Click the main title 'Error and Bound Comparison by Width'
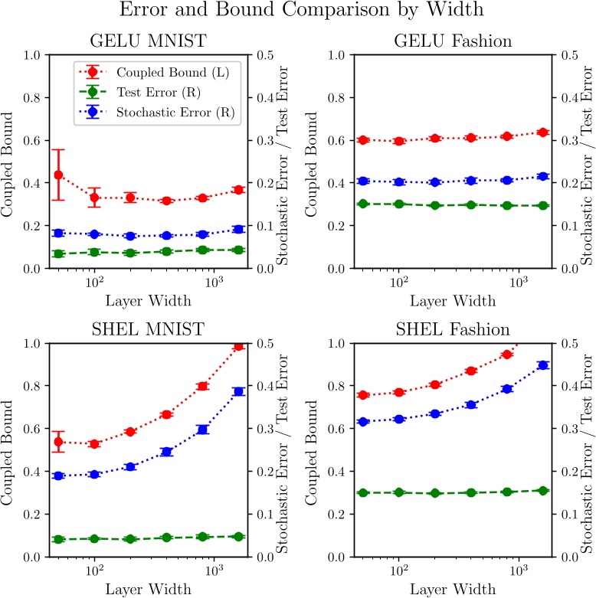click(x=297, y=12)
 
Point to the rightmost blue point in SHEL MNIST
click(x=238, y=391)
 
